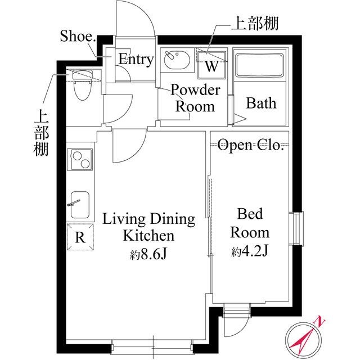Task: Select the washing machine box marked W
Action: [210, 65]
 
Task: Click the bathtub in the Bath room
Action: [259, 67]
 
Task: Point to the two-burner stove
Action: [80, 159]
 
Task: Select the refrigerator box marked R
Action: [80, 236]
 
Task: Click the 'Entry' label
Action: [136, 60]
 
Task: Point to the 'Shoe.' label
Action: [78, 37]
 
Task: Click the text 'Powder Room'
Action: [195, 98]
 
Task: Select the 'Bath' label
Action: [261, 103]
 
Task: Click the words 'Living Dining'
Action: [148, 219]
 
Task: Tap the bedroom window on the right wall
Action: [296, 229]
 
